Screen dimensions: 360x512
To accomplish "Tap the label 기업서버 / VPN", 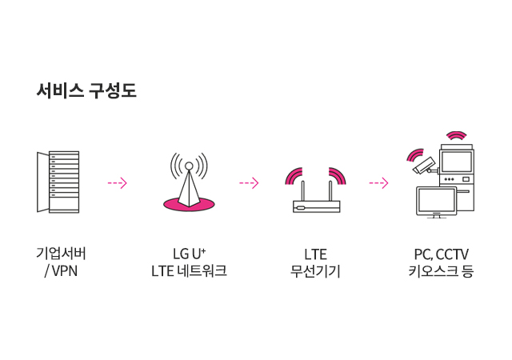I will pyautogui.click(x=61, y=262).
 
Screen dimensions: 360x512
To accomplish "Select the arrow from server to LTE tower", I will pyautogui.click(x=117, y=182).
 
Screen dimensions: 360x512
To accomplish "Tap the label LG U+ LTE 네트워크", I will pyautogui.click(x=189, y=262).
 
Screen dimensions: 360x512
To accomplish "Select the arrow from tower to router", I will pyautogui.click(x=249, y=182).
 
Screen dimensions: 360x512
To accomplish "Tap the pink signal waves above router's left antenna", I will pyautogui.click(x=294, y=175).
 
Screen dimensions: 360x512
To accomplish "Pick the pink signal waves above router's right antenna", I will pyautogui.click(x=338, y=175).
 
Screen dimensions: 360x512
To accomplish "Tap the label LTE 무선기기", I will pyautogui.click(x=316, y=262).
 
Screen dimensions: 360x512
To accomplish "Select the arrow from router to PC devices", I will pyautogui.click(x=378, y=182).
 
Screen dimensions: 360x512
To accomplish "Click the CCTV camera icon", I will pyautogui.click(x=423, y=166).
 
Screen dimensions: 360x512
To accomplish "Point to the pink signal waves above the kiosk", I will pyautogui.click(x=456, y=134).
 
